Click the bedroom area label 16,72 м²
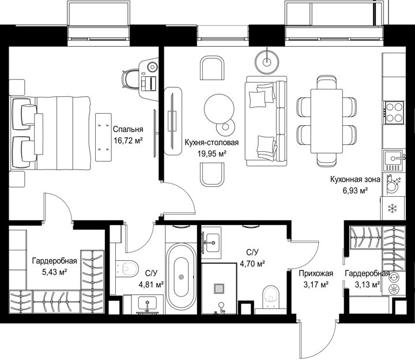pyautogui.click(x=129, y=140)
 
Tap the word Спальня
pyautogui.click(x=128, y=129)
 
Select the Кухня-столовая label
pyautogui.click(x=212, y=142)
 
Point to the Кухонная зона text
pyautogui.click(x=355, y=179)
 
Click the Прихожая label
pyautogui.click(x=316, y=273)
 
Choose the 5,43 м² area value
pyautogui.click(x=54, y=272)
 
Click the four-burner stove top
pyautogui.click(x=394, y=112)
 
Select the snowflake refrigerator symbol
pyautogui.click(x=392, y=208)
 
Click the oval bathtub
pyautogui.click(x=182, y=276)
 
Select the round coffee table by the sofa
pyautogui.click(x=219, y=109)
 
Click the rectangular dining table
pyautogui.click(x=327, y=121)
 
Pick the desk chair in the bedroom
pyautogui.click(x=131, y=78)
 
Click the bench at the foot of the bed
pyautogui.click(x=104, y=137)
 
